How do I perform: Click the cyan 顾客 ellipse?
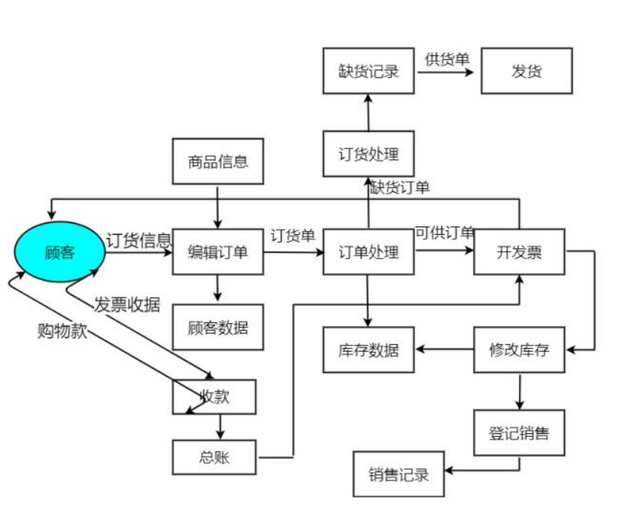pos(60,251)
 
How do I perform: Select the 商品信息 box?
pos(218,161)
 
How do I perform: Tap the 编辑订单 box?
pos(218,251)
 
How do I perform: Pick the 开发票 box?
pos(519,251)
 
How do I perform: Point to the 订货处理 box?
pos(369,153)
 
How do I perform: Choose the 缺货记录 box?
pos(369,71)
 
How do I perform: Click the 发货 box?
pos(527,71)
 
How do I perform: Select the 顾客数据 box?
pos(218,327)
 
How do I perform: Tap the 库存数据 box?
pos(369,350)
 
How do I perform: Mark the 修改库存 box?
pos(519,350)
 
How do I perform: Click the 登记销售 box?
pos(519,433)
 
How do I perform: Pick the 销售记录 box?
pos(399,474)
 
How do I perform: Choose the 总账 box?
pos(215,458)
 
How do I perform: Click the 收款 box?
pos(214,396)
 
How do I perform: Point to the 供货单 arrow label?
pos(447,59)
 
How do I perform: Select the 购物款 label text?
pos(61,331)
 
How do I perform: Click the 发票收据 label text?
pos(127,304)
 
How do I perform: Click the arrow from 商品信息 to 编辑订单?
pos(218,206)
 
